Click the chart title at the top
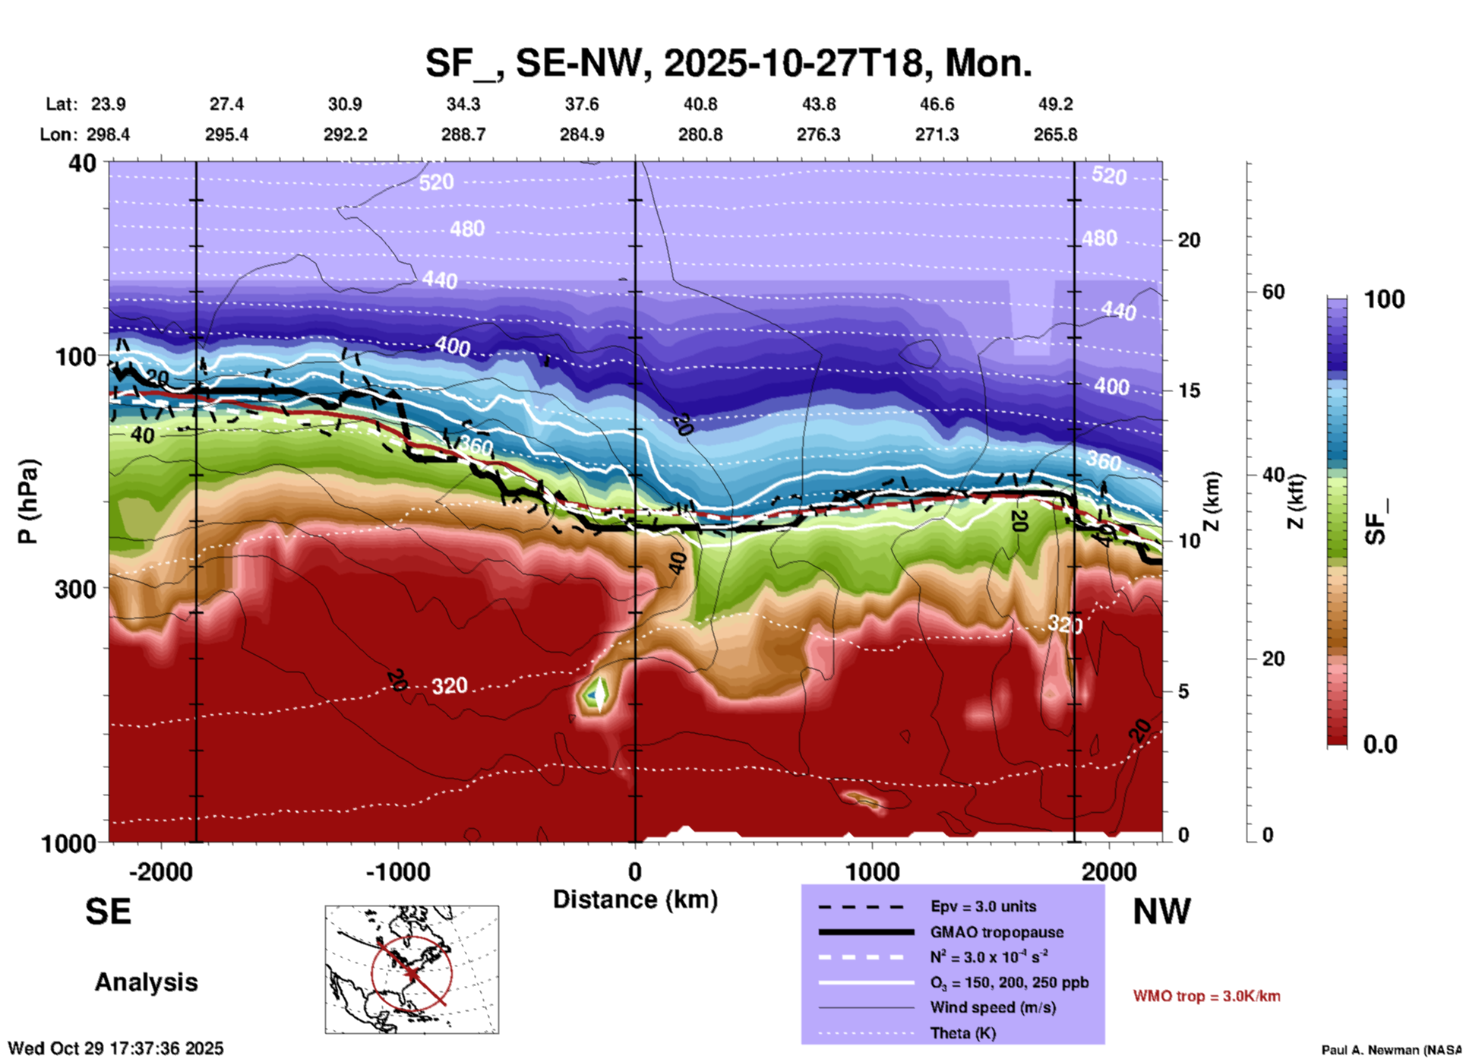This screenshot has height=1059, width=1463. [728, 63]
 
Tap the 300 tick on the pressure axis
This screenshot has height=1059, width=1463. [76, 589]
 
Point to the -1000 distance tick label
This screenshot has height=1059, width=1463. [398, 872]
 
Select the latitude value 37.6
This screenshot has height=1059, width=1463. [581, 104]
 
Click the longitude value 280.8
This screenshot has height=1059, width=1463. [700, 134]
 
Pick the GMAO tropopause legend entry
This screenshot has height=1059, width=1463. [996, 932]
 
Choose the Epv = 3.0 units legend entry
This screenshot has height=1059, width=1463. [982, 906]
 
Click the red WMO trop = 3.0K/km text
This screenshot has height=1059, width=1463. [1206, 996]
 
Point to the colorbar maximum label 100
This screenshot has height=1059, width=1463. [1384, 300]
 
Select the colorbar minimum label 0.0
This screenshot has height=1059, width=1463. [1380, 744]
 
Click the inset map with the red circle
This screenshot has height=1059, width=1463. [412, 969]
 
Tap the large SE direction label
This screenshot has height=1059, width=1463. [108, 912]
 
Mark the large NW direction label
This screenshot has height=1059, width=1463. [1161, 912]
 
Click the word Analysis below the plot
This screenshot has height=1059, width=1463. [146, 982]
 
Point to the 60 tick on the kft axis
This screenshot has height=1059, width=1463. [1274, 292]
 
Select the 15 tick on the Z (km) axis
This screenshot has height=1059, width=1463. [1188, 390]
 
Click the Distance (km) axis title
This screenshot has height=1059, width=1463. [635, 899]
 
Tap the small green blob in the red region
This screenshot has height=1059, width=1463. [595, 694]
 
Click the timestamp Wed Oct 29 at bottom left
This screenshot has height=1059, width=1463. [115, 1048]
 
